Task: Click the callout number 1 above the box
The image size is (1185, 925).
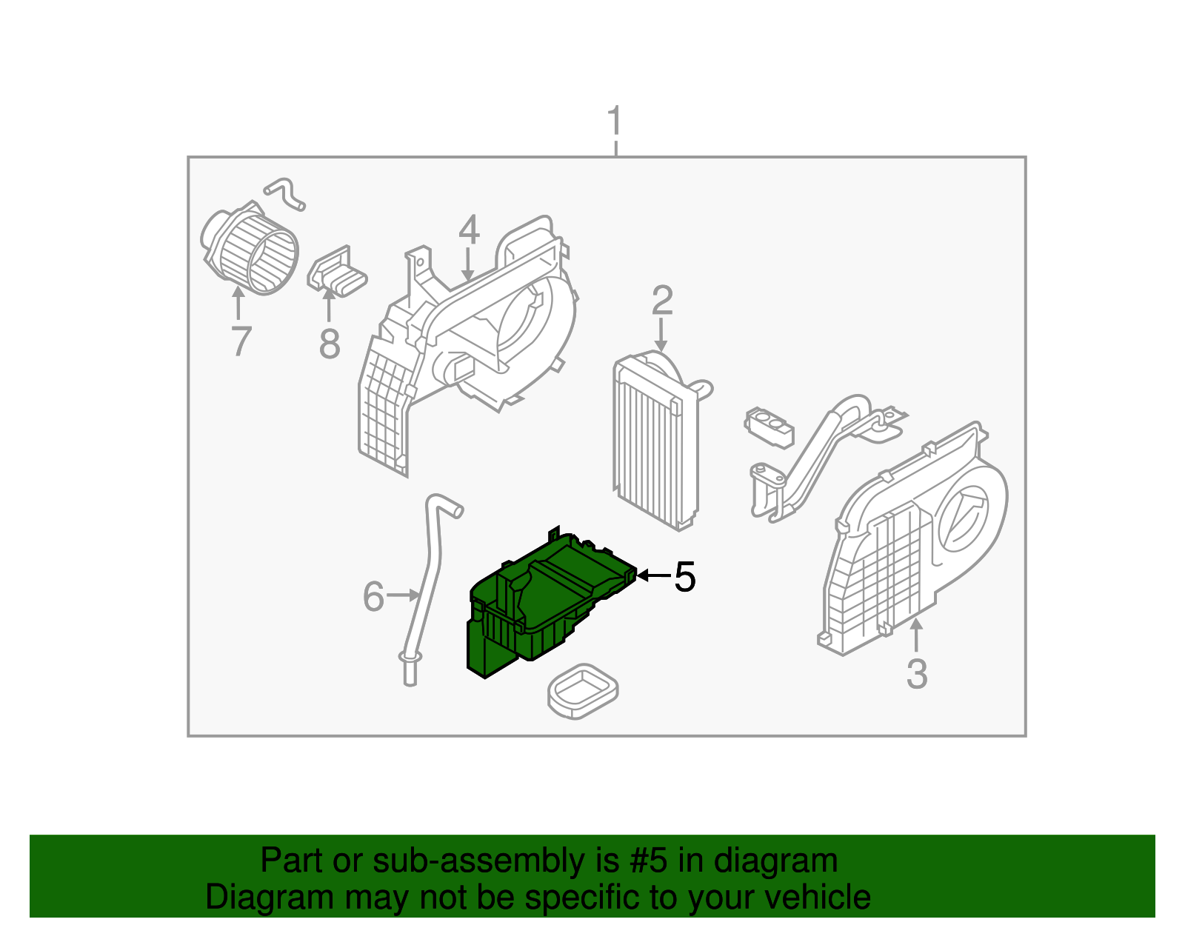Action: tap(615, 120)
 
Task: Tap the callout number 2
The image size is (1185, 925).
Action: tap(662, 300)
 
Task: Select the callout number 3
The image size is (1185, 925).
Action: tap(917, 674)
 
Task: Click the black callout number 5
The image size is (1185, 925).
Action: tap(684, 577)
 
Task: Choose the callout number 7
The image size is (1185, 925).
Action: tap(241, 341)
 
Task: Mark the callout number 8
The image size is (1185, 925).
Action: tap(330, 344)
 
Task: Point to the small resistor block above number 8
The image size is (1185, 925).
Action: tap(336, 273)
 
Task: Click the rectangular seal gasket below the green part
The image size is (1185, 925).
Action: tap(583, 691)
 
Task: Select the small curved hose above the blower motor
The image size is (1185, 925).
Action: tap(284, 194)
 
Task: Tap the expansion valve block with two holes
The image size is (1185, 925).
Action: tap(769, 427)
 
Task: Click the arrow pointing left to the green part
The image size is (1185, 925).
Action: tap(653, 575)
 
